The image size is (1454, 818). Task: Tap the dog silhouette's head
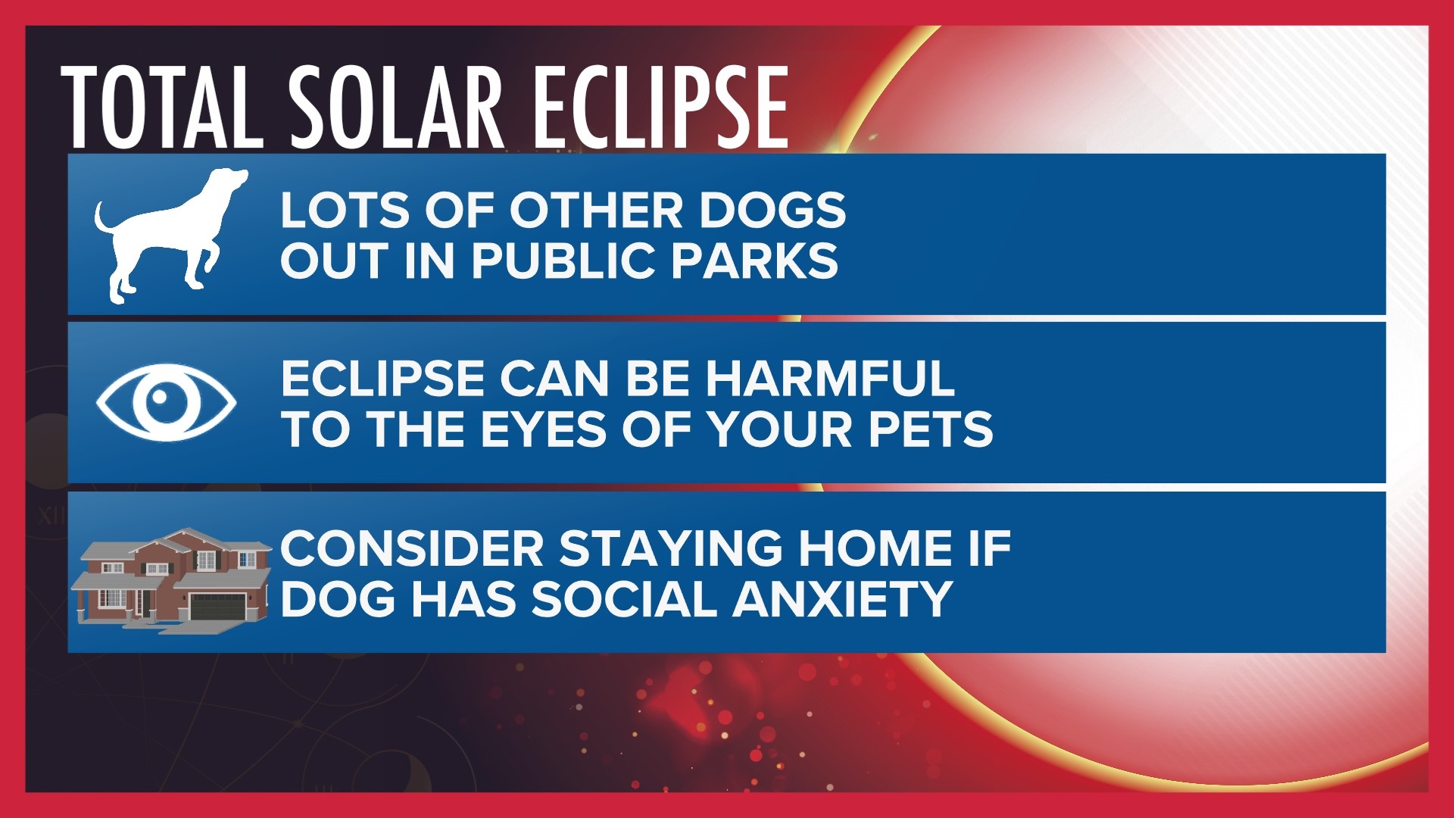pos(226,182)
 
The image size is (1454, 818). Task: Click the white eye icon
pos(166,402)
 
